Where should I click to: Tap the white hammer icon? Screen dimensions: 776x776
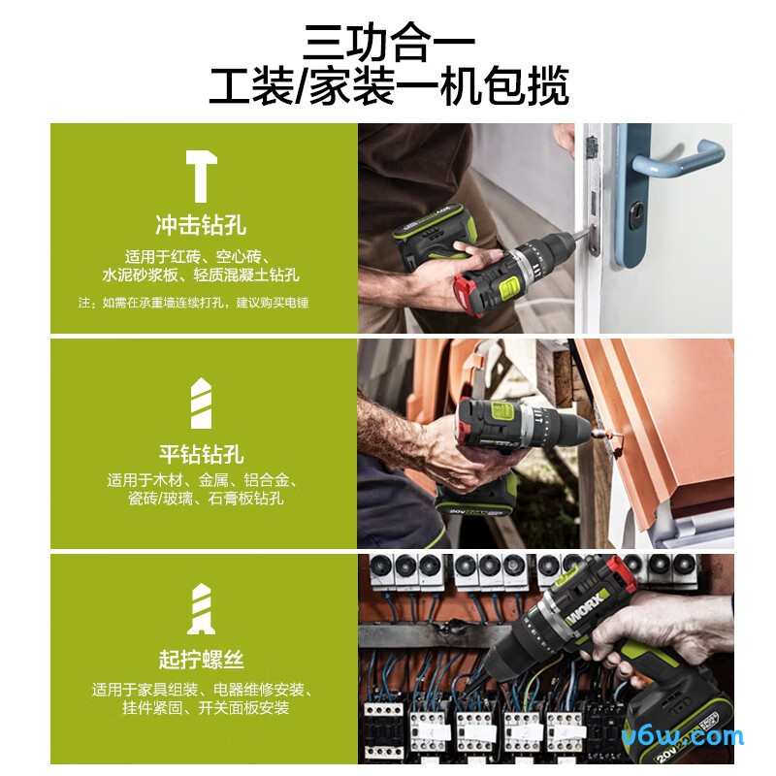pyautogui.click(x=201, y=175)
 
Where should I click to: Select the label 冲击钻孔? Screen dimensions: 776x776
pyautogui.click(x=201, y=226)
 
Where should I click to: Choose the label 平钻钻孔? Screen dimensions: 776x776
pyautogui.click(x=201, y=454)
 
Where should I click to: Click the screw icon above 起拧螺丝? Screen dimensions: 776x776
pyautogui.click(x=201, y=609)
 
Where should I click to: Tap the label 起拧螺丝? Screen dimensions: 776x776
pyautogui.click(x=201, y=661)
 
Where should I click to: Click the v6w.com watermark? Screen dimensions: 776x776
pyautogui.click(x=695, y=736)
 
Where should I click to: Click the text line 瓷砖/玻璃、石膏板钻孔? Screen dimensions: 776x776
pyautogui.click(x=201, y=500)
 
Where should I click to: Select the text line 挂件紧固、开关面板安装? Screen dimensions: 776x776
pyautogui.click(x=201, y=708)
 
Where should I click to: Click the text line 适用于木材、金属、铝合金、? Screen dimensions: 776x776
pyautogui.click(x=201, y=480)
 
